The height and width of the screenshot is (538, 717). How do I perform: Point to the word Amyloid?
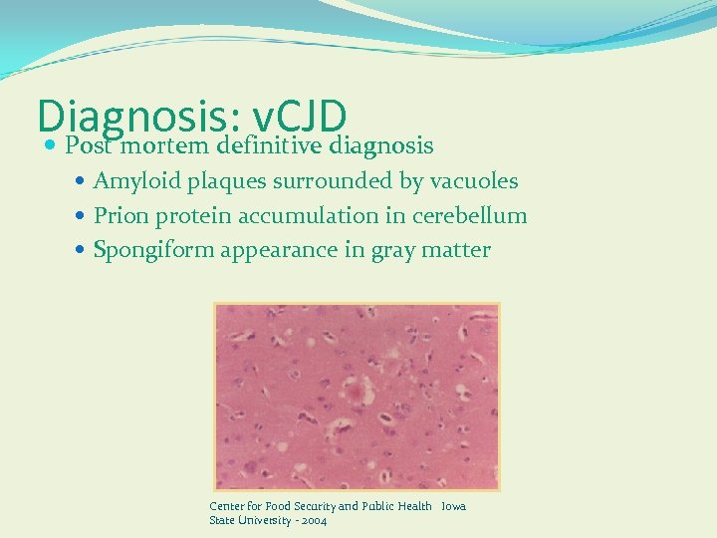[132, 181]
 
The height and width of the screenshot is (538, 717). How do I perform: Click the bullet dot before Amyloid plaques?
[82, 182]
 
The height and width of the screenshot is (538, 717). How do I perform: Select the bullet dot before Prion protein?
[82, 216]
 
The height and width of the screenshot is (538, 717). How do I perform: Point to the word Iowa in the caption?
[453, 506]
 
